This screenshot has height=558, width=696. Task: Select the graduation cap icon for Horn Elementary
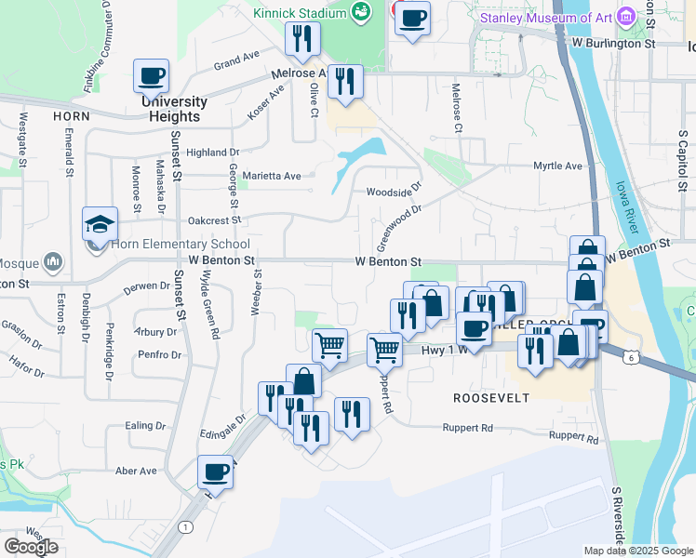pos(100,224)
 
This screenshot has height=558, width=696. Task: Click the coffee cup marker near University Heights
pos(151,76)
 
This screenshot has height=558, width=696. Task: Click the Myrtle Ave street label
pos(557,166)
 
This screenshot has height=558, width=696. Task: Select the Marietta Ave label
pos(272,175)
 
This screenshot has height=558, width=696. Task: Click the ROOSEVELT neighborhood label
pos(491,398)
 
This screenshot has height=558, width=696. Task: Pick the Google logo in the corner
pos(31,547)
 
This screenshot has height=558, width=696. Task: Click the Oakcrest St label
pos(214,220)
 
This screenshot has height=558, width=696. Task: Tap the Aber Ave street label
pos(136,471)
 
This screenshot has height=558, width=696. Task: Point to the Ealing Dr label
pos(145,425)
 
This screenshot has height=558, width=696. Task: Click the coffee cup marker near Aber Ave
pos(215,472)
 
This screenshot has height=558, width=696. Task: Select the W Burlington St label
pos(614,43)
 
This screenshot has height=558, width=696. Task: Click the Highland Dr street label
pos(212,153)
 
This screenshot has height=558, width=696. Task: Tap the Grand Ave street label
pos(236,64)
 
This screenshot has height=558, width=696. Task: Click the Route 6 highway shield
pos(632,357)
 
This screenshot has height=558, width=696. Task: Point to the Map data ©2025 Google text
pos(638,551)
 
